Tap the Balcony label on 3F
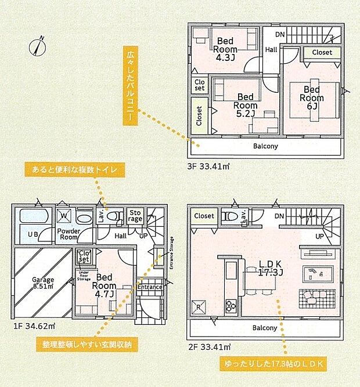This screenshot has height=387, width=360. [265, 147]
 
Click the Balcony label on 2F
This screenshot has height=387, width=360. [265, 328]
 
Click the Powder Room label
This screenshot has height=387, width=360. [69, 234]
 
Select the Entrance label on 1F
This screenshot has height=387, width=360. [150, 287]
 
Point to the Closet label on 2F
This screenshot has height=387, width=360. [204, 216]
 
